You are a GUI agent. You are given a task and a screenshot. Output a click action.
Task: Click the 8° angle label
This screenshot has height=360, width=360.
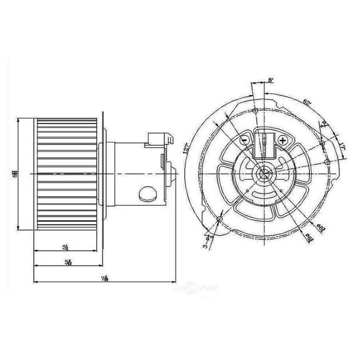(271, 81)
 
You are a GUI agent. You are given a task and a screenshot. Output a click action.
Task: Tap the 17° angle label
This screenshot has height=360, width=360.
(344, 148)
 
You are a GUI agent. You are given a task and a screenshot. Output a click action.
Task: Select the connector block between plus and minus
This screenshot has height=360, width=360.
(263, 146)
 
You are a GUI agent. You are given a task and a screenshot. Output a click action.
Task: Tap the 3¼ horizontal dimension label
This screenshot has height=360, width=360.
(66, 248)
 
